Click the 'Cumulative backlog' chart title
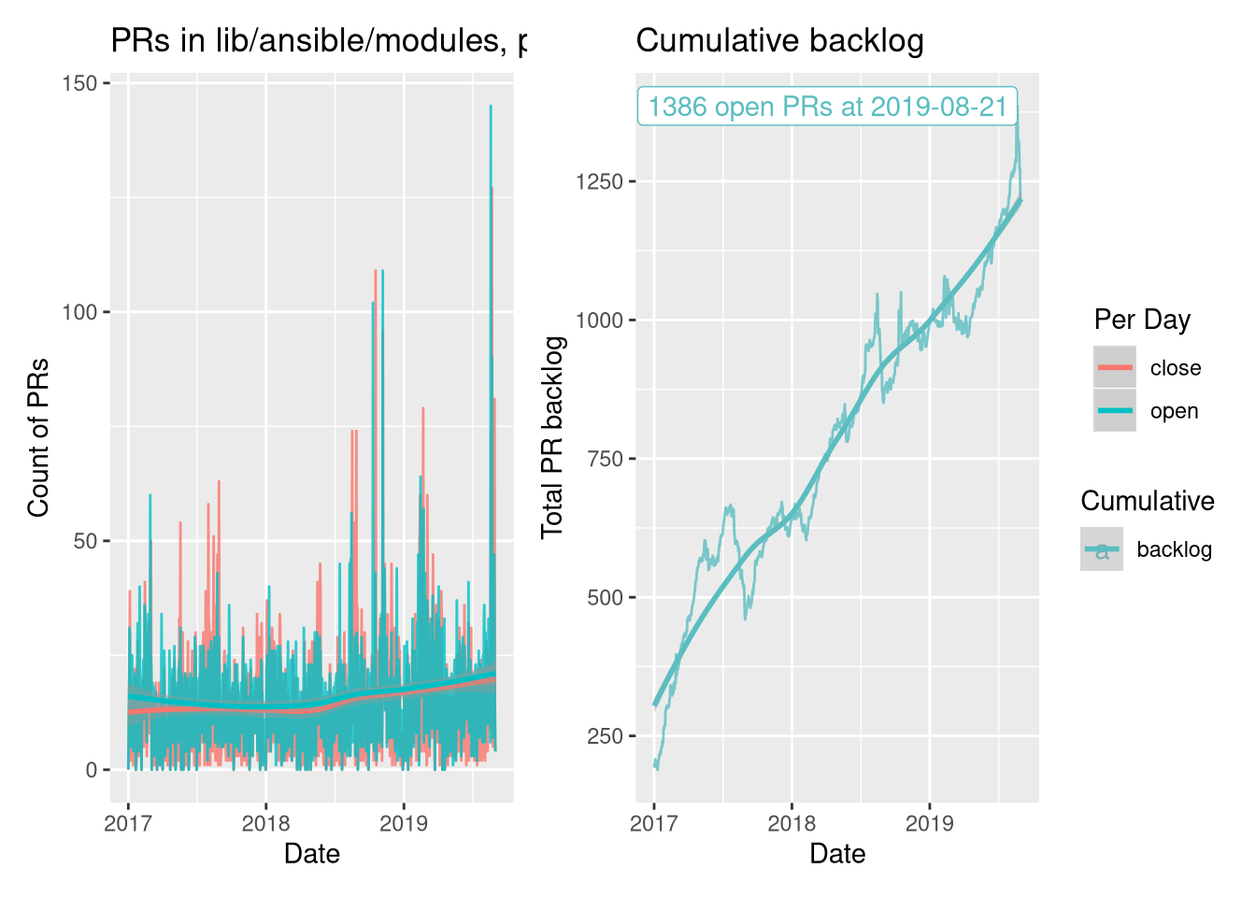point(779,41)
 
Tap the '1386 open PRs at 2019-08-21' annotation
point(827,107)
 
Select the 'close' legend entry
point(1175,368)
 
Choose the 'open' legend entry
point(1174,411)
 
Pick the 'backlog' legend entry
point(1174,549)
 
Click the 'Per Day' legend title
point(1142,320)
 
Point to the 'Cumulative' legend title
point(1147,501)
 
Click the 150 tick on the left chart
point(79,83)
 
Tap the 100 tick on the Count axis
point(79,312)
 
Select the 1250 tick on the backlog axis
point(599,181)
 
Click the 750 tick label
point(605,459)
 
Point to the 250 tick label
point(605,736)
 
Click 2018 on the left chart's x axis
point(265,823)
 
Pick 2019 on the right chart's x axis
point(929,823)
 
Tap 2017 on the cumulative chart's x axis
point(653,823)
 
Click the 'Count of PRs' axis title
point(37,437)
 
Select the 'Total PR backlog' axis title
point(552,437)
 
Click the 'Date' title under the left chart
point(311,853)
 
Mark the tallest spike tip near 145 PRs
point(491,107)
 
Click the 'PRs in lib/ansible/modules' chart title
point(318,41)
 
